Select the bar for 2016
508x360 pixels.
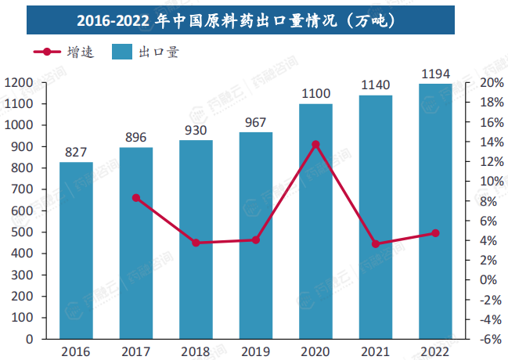(x=77, y=250)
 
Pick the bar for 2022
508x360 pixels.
(x=435, y=211)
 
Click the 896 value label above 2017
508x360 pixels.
(x=136, y=138)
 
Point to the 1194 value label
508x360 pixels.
(x=435, y=74)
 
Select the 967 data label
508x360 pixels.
(x=256, y=123)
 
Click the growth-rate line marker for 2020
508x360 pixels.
(x=316, y=145)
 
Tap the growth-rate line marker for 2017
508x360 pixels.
(x=136, y=198)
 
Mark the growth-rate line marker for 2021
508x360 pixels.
(x=376, y=244)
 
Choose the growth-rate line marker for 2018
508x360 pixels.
(x=196, y=243)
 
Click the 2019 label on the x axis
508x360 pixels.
(x=256, y=351)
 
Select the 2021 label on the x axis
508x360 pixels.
(x=376, y=351)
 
